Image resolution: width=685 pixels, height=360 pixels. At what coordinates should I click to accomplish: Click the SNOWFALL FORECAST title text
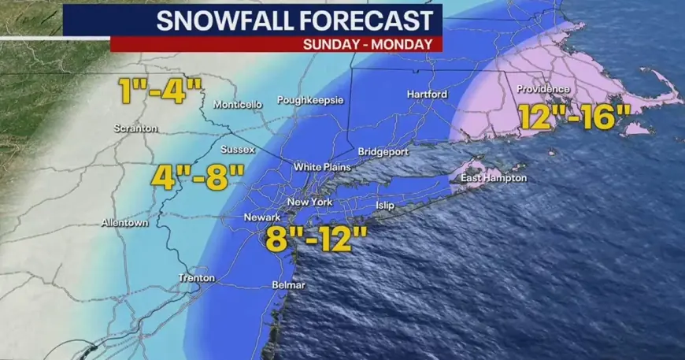[x=294, y=20]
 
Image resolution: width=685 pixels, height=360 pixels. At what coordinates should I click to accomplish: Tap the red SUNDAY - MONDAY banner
[x=367, y=44]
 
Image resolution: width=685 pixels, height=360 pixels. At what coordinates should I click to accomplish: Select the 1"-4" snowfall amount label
[x=150, y=91]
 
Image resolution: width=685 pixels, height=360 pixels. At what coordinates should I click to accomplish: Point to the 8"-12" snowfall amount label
[x=317, y=238]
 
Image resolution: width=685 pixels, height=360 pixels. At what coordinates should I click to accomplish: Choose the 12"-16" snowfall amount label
[x=574, y=118]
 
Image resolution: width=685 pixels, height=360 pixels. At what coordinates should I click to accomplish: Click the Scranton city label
[x=135, y=128]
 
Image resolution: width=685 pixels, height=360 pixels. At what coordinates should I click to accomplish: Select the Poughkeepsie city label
[x=310, y=100]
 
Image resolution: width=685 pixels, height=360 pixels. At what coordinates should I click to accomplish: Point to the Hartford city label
[x=427, y=95]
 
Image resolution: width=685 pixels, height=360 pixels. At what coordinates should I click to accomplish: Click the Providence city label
[x=543, y=89]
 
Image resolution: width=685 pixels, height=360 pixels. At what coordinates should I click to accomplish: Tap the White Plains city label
[x=320, y=167]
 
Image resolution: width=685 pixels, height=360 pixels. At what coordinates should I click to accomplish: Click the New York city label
[x=309, y=202]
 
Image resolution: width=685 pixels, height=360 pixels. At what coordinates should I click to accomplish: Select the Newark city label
[x=262, y=217]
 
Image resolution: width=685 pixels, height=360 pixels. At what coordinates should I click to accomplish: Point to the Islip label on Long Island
[x=385, y=205]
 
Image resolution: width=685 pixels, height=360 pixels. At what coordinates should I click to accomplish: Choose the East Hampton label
[x=494, y=178]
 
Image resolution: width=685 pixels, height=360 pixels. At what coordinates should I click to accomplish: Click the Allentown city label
[x=124, y=223]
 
